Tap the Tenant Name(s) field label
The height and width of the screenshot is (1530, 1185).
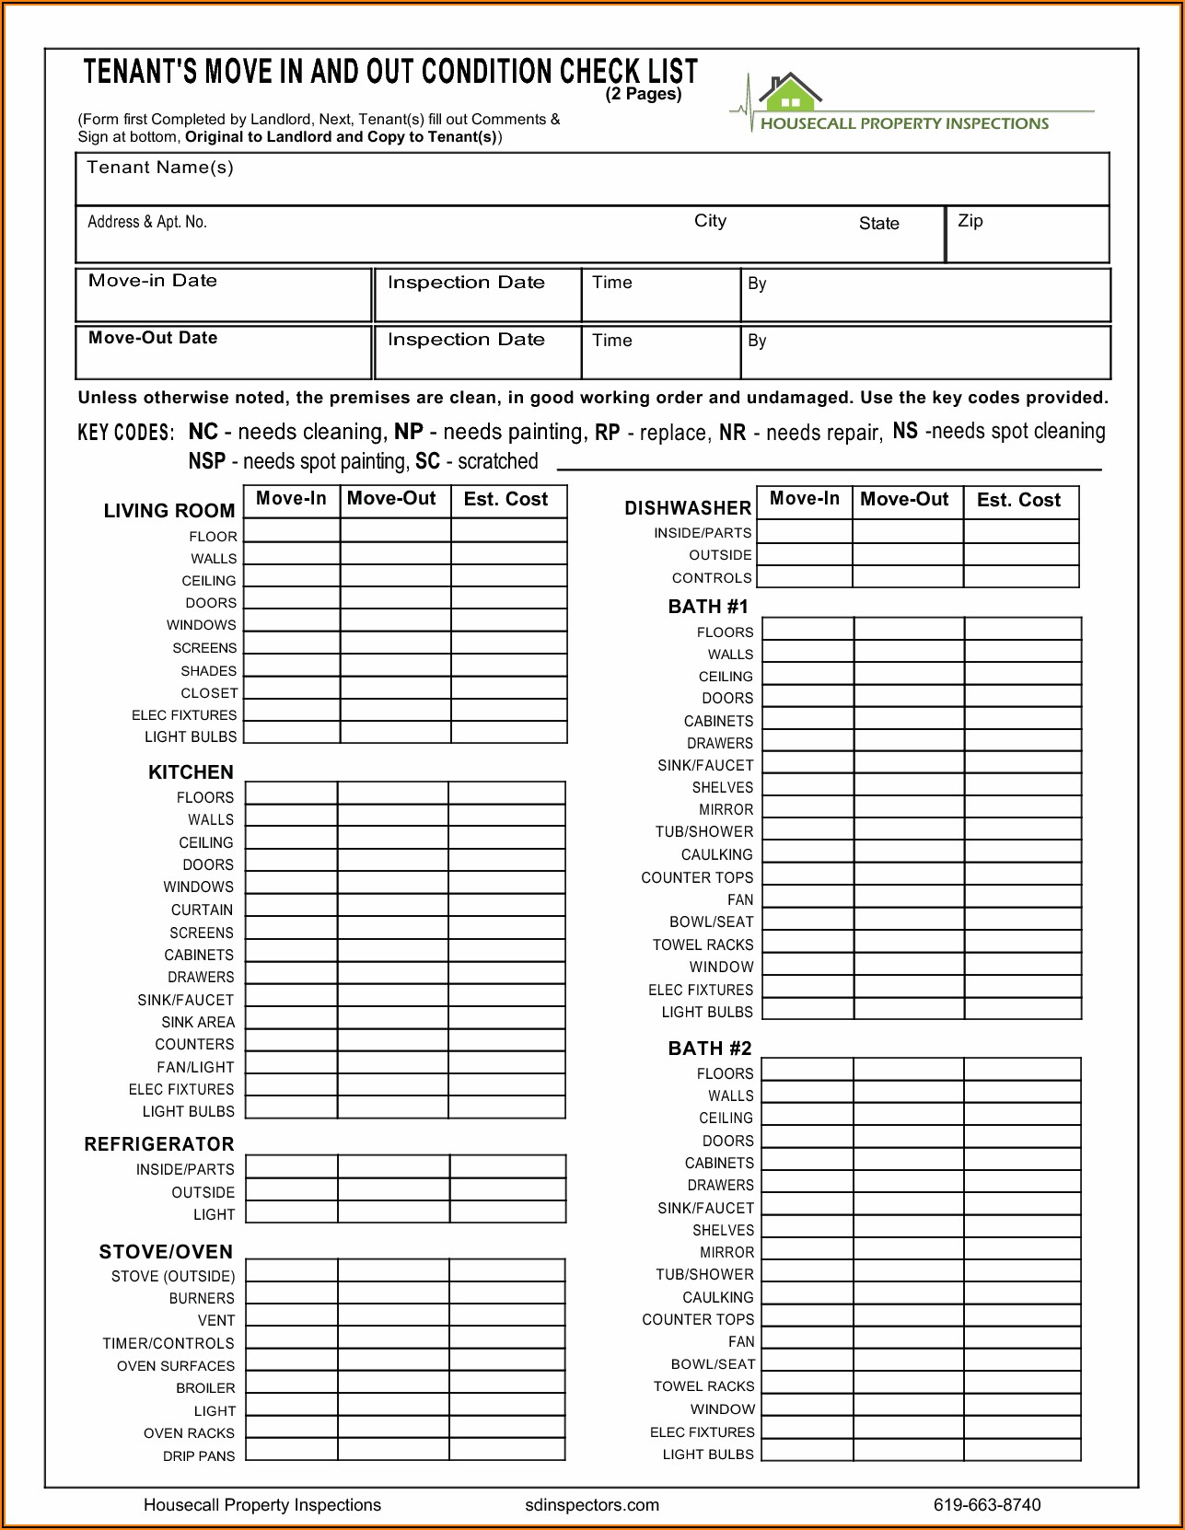click(160, 168)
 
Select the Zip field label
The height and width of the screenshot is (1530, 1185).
click(970, 221)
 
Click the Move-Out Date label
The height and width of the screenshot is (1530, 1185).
click(153, 338)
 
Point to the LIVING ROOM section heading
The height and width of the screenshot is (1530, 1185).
click(169, 511)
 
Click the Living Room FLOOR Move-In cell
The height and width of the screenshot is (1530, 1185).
click(292, 531)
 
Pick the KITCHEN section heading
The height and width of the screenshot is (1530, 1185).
click(191, 772)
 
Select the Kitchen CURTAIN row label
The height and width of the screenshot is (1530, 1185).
click(202, 910)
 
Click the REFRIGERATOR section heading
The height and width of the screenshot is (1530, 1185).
click(159, 1144)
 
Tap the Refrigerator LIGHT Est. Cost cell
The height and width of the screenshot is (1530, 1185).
click(507, 1212)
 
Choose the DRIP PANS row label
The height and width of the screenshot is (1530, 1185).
click(199, 1455)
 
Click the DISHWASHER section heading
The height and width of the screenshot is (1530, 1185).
click(688, 508)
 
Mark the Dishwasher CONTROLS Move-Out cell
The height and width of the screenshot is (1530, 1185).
click(908, 577)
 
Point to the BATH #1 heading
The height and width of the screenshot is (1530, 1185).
click(708, 607)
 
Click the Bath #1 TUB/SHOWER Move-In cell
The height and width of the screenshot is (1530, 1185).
click(807, 830)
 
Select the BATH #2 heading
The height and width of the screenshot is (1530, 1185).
click(710, 1049)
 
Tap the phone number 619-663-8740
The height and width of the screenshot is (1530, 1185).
click(987, 1505)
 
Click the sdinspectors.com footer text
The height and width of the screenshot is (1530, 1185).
click(592, 1505)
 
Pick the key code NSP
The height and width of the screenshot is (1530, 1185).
click(206, 461)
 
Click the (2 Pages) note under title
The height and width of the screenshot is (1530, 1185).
click(644, 94)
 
